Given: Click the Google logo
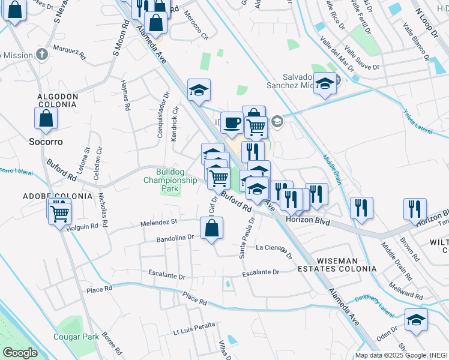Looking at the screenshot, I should [x=20, y=353].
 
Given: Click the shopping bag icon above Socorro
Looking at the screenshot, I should [x=46, y=119].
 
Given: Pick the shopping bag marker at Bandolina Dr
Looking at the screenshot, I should [x=211, y=229].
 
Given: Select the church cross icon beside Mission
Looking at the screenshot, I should [x=41, y=55].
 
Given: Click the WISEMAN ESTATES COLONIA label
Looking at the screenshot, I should [x=337, y=265].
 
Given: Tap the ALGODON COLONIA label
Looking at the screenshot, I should [x=58, y=100].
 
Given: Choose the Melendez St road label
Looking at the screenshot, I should [x=158, y=223].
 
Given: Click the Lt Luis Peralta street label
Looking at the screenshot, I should [x=194, y=331].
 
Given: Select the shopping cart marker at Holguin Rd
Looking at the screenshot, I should [x=60, y=212].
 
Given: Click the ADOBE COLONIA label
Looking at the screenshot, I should [x=49, y=196].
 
